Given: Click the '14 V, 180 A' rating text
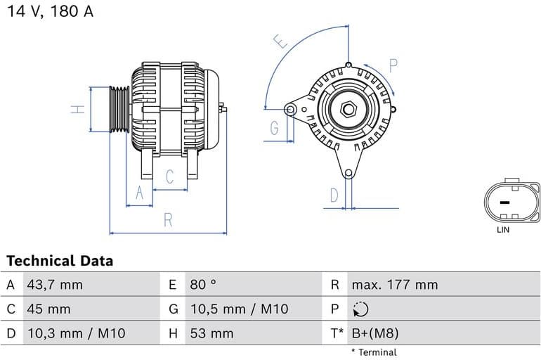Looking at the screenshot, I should tap(50, 12).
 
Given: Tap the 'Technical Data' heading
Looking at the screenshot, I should tap(60, 261).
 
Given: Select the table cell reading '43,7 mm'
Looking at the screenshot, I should tap(54, 285).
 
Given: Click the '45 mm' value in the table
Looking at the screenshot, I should tap(48, 309).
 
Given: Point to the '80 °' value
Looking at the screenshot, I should tap(203, 285).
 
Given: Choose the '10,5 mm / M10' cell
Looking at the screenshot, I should tap(239, 309).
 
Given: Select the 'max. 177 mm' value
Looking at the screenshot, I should tap(394, 285).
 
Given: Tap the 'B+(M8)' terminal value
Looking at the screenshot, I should tap(374, 333).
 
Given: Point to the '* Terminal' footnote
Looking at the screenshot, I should tap(373, 352).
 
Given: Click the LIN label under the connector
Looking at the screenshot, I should tap(503, 229).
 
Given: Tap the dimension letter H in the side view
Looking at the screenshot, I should tap(79, 109).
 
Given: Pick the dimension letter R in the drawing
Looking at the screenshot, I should tap(168, 219).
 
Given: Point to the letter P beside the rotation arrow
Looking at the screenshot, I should tap(393, 66).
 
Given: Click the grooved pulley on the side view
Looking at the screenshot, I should tap(119, 109).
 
